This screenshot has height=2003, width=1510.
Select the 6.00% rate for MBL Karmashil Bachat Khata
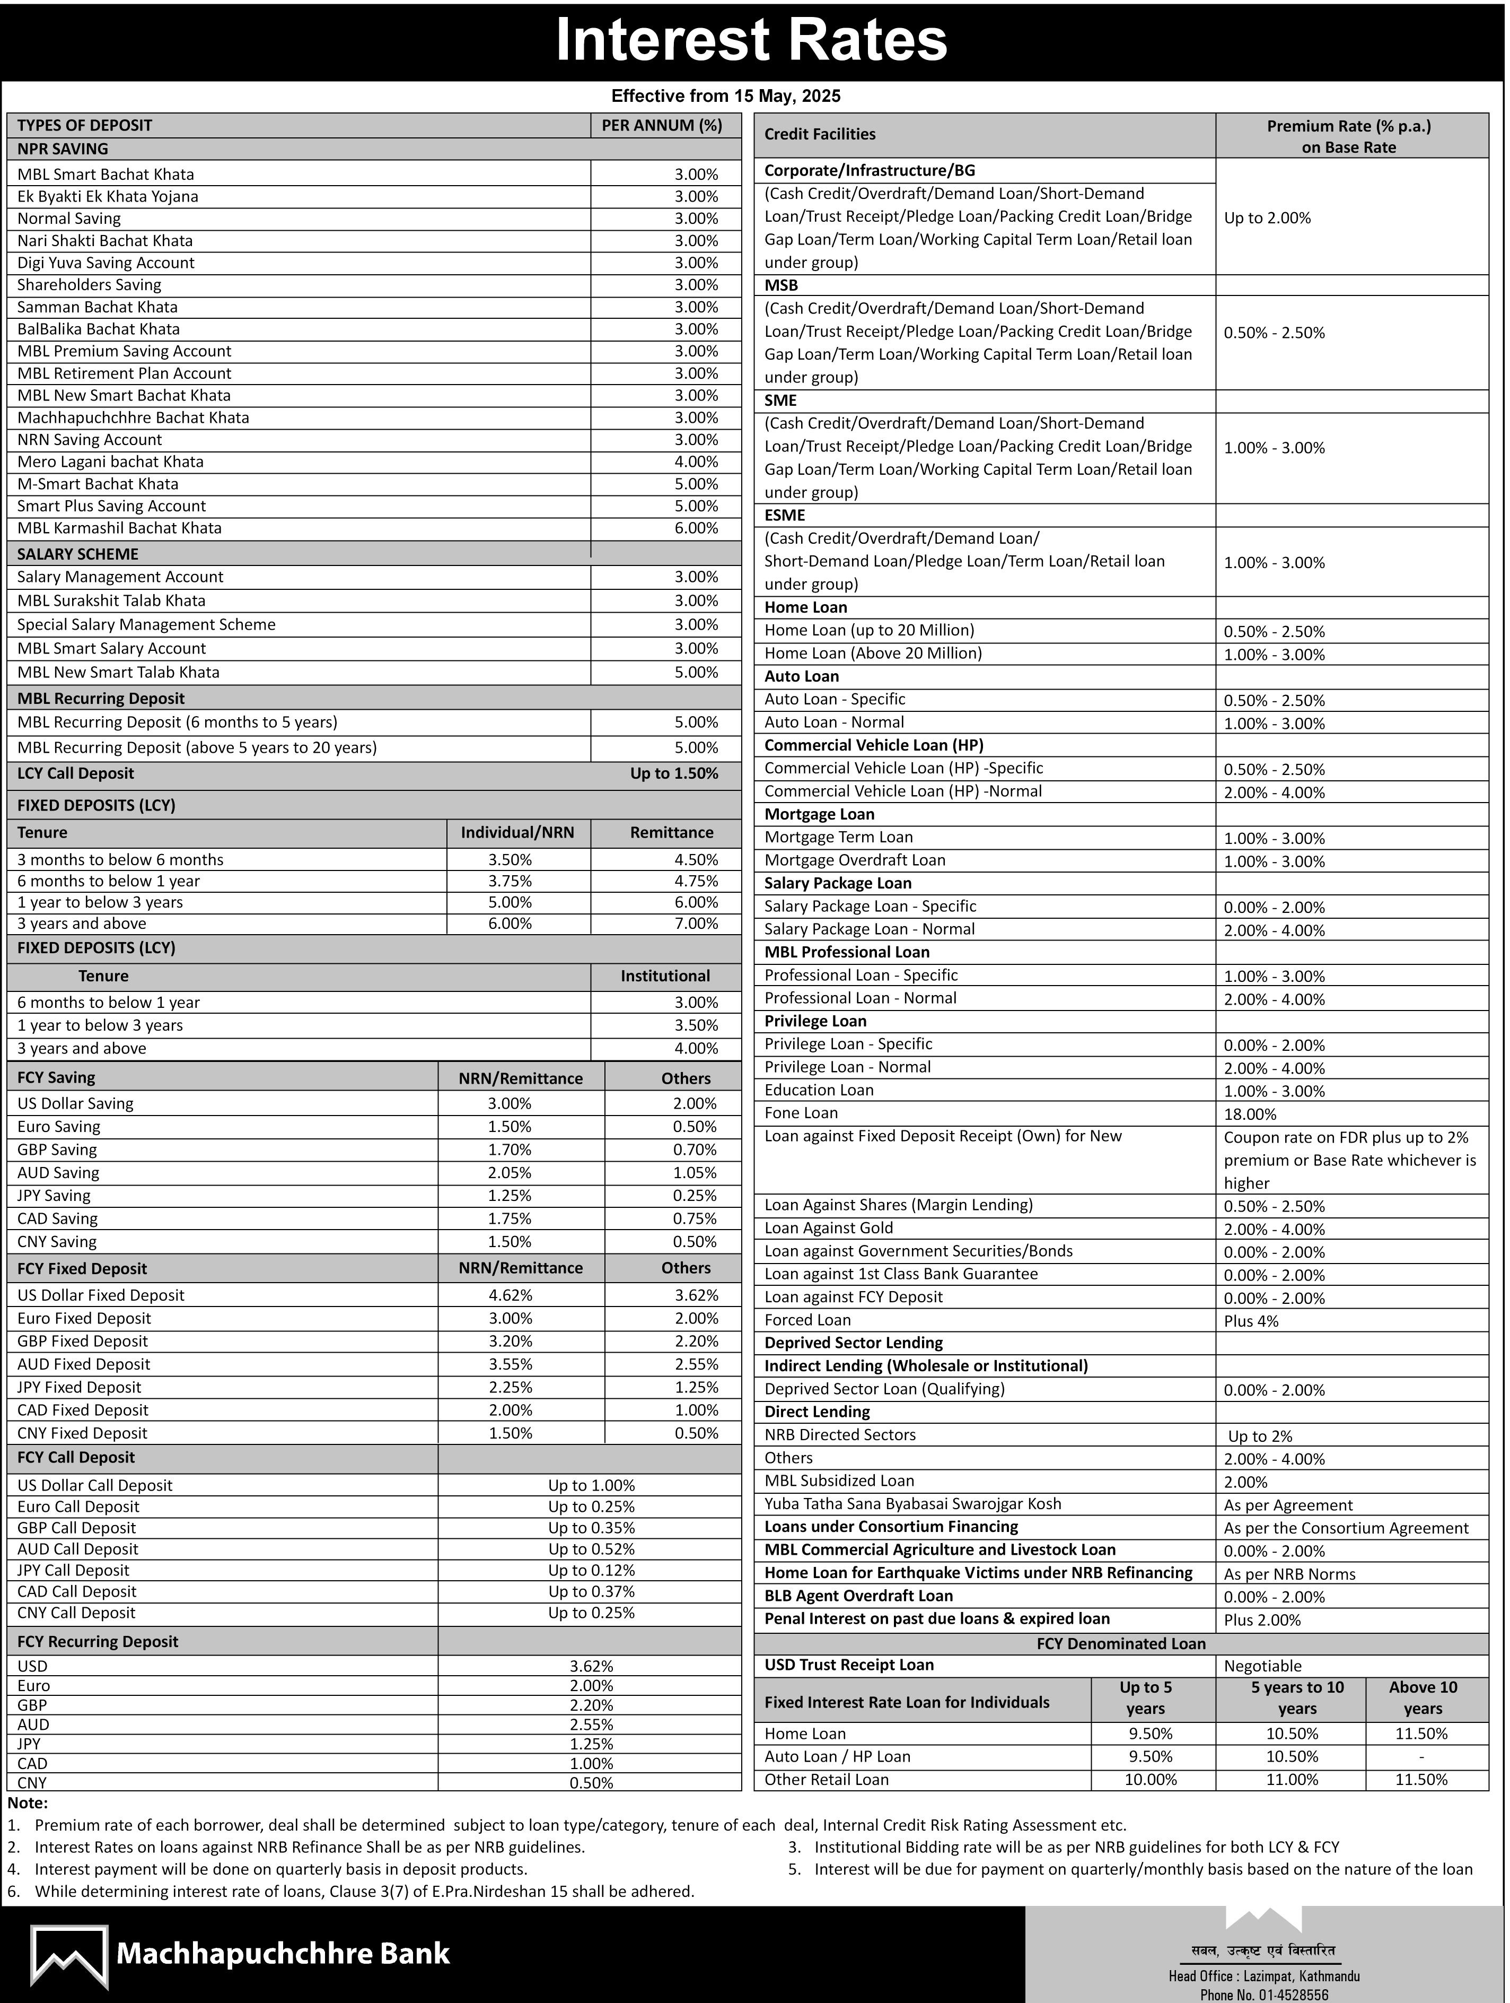[695, 528]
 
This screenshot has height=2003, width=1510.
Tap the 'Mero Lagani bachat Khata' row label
[110, 462]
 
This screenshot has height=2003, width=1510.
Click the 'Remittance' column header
[671, 832]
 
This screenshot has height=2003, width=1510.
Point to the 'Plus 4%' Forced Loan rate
[1251, 1321]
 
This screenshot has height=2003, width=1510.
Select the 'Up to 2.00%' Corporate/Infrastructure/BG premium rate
[1267, 218]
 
